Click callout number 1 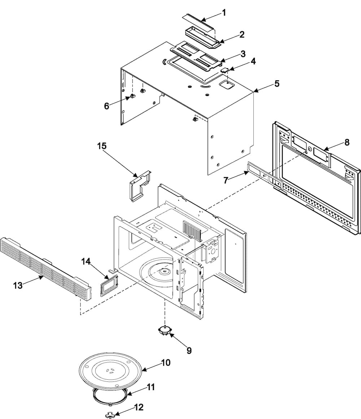click(x=224, y=12)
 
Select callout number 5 click(x=277, y=84)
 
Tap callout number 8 click(x=347, y=142)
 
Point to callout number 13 click(x=18, y=285)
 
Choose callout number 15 click(x=101, y=146)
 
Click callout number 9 click(x=189, y=350)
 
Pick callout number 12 click(x=139, y=407)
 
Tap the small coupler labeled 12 click(x=109, y=414)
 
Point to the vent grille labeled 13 click(x=45, y=269)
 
